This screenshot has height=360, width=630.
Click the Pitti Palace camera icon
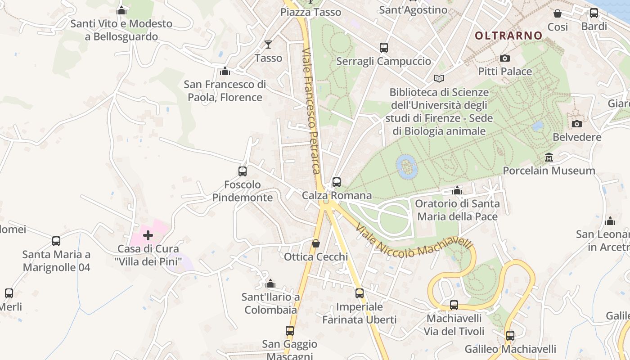click(505, 58)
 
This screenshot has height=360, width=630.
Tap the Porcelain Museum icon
click(549, 157)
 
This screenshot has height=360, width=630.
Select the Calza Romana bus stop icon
click(337, 182)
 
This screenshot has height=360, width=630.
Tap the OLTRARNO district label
click(508, 36)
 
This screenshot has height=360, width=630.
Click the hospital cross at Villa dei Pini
click(148, 235)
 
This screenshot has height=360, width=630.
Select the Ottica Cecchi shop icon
click(316, 243)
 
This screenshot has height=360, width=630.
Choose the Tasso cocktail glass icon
click(268, 44)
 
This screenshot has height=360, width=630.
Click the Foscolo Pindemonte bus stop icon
click(243, 171)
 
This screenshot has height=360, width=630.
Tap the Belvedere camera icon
click(577, 124)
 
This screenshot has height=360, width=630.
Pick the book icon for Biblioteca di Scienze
click(439, 78)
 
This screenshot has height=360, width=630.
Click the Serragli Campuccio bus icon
click(384, 47)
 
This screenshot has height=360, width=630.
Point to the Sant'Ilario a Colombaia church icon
click(270, 284)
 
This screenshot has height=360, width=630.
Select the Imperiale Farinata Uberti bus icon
click(360, 293)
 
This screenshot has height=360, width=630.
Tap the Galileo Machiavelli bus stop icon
click(510, 336)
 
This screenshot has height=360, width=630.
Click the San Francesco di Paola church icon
click(225, 71)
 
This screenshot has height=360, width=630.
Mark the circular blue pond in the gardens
click(407, 167)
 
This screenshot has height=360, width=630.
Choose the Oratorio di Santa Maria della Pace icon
click(457, 190)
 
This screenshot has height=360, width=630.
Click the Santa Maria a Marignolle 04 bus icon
click(56, 241)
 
